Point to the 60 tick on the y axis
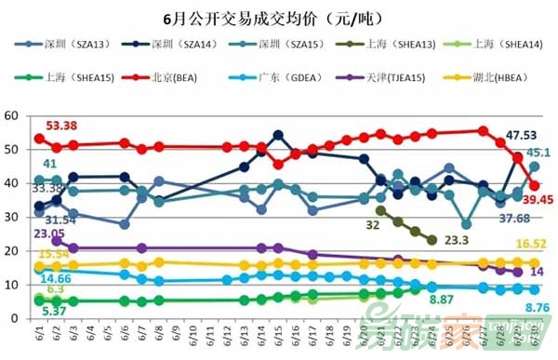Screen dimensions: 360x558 tap(13, 115)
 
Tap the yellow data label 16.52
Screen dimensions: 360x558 tap(531, 244)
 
